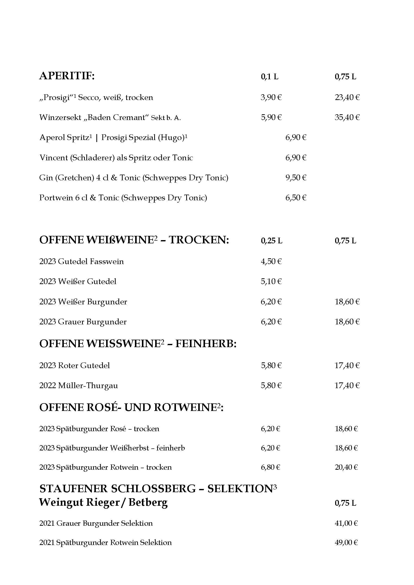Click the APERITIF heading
pyautogui.click(x=67, y=76)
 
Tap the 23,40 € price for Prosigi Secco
pyautogui.click(x=347, y=97)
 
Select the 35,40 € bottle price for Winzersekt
pyautogui.click(x=347, y=118)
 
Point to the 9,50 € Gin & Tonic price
pyautogui.click(x=296, y=178)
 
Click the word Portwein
pyautogui.click(x=56, y=198)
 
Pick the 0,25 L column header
pyautogui.click(x=272, y=241)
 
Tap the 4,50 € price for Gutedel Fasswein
pyautogui.click(x=271, y=261)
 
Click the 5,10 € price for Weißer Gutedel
pyautogui.click(x=271, y=282)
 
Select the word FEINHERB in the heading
pyautogui.click(x=206, y=344)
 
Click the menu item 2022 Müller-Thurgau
pyautogui.click(x=79, y=385)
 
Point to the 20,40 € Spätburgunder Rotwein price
pyautogui.click(x=346, y=467)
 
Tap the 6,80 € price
pyautogui.click(x=270, y=467)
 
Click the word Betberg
pyautogui.click(x=148, y=502)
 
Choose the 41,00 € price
pyautogui.click(x=346, y=523)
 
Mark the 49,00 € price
pyautogui.click(x=346, y=543)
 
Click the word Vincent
pyautogui.click(x=53, y=158)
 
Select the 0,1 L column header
pyautogui.click(x=270, y=77)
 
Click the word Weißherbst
pyautogui.click(x=129, y=448)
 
